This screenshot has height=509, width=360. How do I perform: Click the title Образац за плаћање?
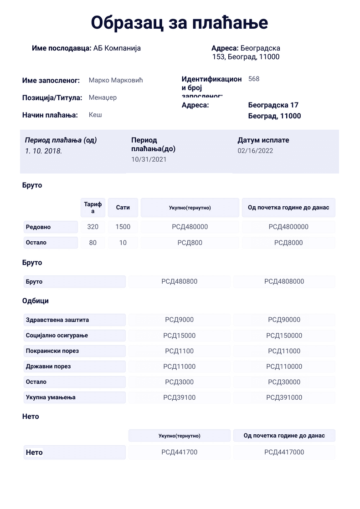click(x=180, y=22)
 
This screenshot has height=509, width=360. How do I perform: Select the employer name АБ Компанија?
click(x=117, y=48)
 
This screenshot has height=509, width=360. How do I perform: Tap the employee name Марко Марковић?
click(x=116, y=81)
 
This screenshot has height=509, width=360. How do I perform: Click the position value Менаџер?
click(x=103, y=97)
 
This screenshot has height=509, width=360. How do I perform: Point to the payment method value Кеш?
click(x=95, y=115)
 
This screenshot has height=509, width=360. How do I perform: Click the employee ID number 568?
click(x=254, y=79)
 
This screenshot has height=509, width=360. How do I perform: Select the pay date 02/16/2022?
click(x=255, y=151)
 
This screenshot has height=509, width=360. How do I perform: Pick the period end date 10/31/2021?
click(x=149, y=159)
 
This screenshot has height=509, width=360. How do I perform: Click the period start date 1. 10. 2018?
click(x=44, y=151)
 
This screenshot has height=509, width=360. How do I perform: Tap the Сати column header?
click(x=123, y=208)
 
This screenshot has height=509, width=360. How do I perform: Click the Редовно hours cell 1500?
click(x=123, y=227)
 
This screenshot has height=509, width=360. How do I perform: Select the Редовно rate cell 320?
click(x=93, y=227)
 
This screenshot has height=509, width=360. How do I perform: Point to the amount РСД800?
click(x=190, y=243)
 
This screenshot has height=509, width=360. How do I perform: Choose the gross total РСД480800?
click(x=180, y=281)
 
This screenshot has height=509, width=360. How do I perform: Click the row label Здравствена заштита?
click(x=57, y=320)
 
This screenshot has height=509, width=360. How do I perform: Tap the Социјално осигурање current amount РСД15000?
click(x=180, y=336)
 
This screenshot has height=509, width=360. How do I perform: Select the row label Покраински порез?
click(x=52, y=351)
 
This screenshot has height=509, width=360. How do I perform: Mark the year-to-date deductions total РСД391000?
click(x=284, y=397)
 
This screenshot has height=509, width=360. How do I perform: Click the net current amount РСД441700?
click(x=180, y=452)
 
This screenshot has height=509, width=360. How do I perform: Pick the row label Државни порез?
click(x=48, y=366)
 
